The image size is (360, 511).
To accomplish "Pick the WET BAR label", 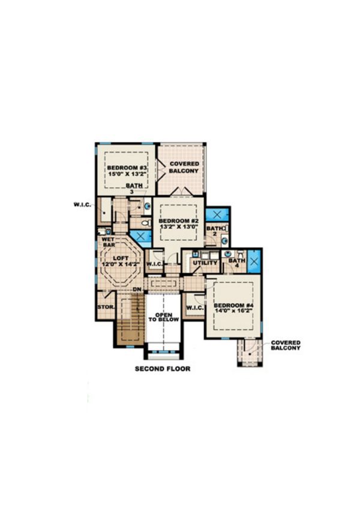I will point(108,241).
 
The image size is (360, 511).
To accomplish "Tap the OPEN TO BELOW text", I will point(164,318).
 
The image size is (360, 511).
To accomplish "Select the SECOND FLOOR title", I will point(162,368).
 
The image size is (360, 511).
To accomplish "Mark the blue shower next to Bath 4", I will point(253,261).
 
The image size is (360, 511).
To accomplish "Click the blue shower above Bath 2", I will point(216,214).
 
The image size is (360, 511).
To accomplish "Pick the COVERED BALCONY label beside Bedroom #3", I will point(184,167).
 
